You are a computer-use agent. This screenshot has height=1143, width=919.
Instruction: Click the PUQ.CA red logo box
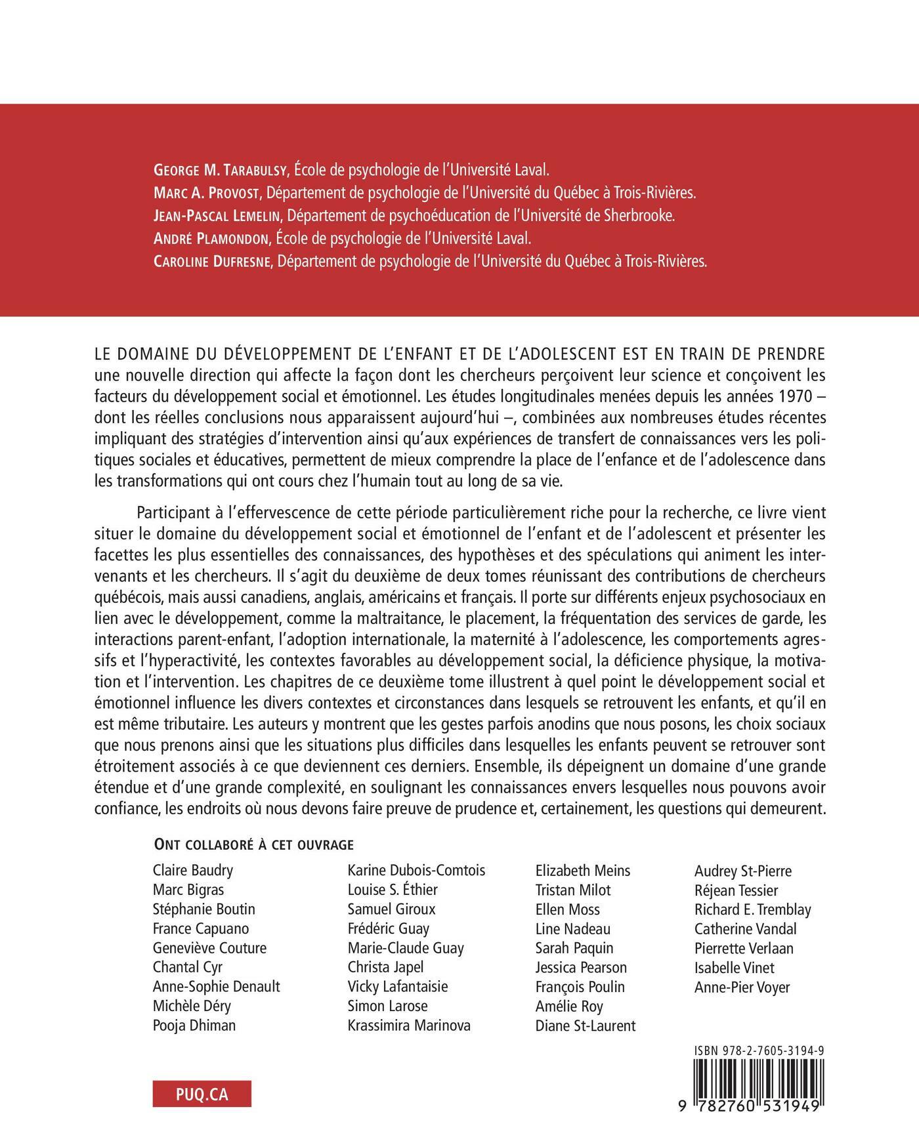click(x=202, y=1094)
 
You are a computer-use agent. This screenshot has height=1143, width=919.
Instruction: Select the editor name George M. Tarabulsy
click(x=220, y=170)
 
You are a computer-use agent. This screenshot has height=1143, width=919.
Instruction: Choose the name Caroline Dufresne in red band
click(x=213, y=261)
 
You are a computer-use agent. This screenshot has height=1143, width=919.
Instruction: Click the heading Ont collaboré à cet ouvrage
click(x=253, y=844)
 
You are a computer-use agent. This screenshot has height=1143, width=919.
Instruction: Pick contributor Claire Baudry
click(x=193, y=871)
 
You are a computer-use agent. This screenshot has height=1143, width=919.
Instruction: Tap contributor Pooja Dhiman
click(x=194, y=1026)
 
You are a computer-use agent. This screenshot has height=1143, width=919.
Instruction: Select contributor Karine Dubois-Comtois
click(x=416, y=871)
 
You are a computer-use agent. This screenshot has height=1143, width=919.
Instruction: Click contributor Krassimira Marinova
click(x=409, y=1026)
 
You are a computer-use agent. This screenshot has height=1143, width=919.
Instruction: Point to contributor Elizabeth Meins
click(x=583, y=871)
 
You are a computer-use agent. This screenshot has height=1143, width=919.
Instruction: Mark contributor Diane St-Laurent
click(x=586, y=1026)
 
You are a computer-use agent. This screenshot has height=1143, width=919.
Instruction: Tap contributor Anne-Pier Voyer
click(x=742, y=987)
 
